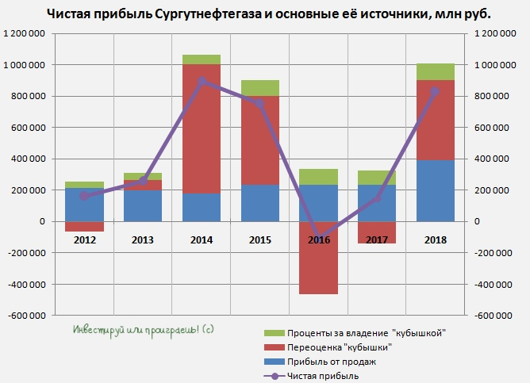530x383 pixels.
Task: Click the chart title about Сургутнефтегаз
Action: coord(268,13)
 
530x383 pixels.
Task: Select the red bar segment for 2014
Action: coord(202,127)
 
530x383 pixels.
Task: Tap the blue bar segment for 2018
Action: coord(435,190)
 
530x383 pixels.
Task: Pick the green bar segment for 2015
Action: coord(259,87)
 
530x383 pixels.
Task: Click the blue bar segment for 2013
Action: coord(143,205)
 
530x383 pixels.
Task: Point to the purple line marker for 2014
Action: coord(202,81)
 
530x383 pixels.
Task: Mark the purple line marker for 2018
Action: coord(435,91)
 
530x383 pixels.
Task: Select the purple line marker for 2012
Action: coord(85,196)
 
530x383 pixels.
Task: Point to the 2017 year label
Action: coord(376,239)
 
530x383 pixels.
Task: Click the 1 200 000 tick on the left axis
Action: coord(24,33)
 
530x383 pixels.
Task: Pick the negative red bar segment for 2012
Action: coord(85,227)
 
